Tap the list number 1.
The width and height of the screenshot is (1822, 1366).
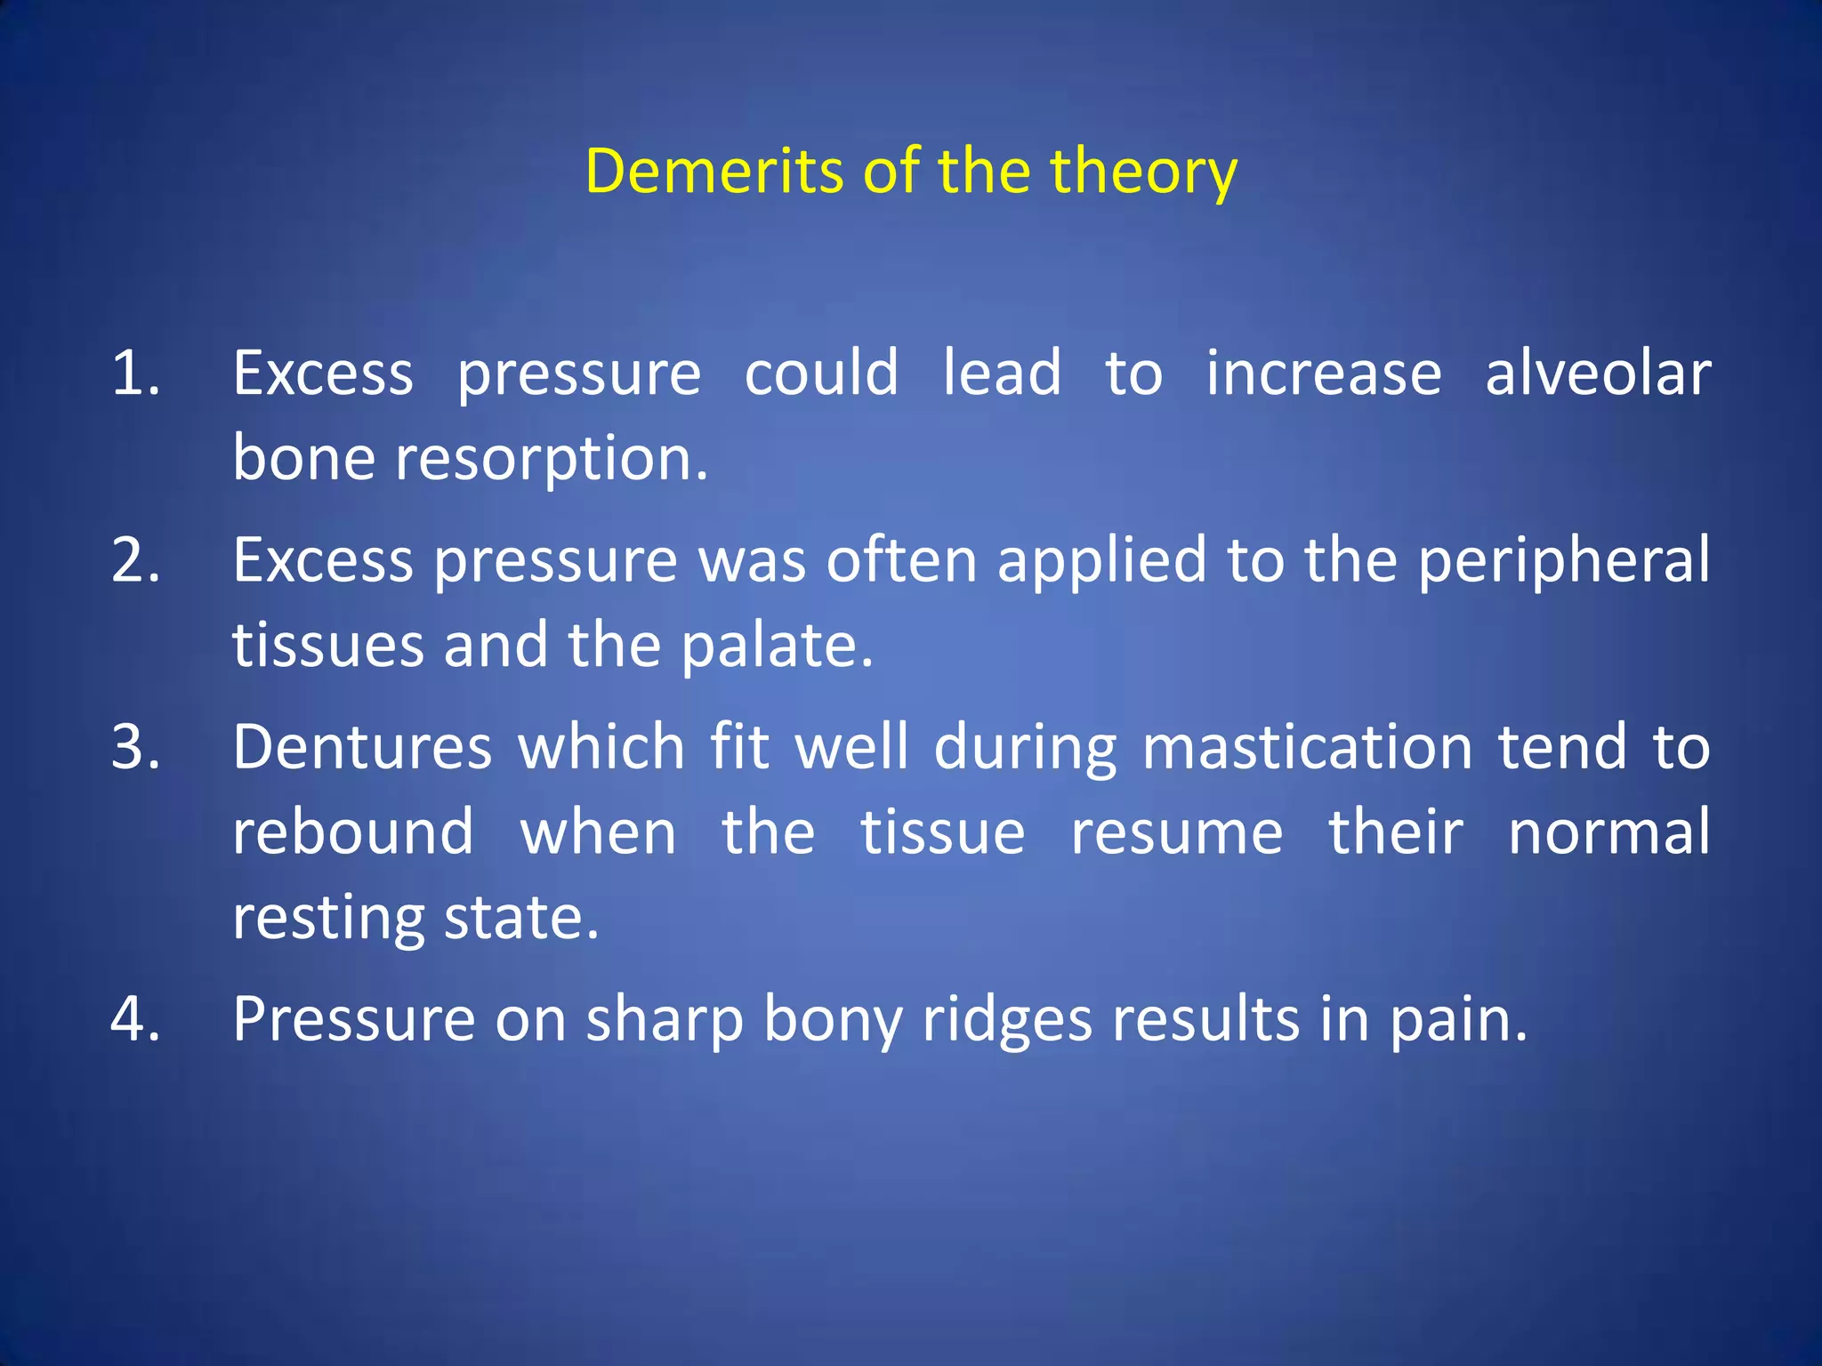135,374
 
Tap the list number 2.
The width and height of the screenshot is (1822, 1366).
135,560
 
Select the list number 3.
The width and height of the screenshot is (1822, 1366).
135,747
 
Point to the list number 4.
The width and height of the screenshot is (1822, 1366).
135,1019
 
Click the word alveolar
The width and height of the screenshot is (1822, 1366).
1598,374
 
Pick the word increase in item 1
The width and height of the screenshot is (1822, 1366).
1323,374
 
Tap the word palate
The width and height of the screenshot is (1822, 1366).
777,647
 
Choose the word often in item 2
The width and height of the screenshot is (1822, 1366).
900,560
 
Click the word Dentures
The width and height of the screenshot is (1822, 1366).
362,747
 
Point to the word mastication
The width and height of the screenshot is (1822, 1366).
1307,747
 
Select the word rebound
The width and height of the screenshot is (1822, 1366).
353,833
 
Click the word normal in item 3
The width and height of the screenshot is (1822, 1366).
1608,833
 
